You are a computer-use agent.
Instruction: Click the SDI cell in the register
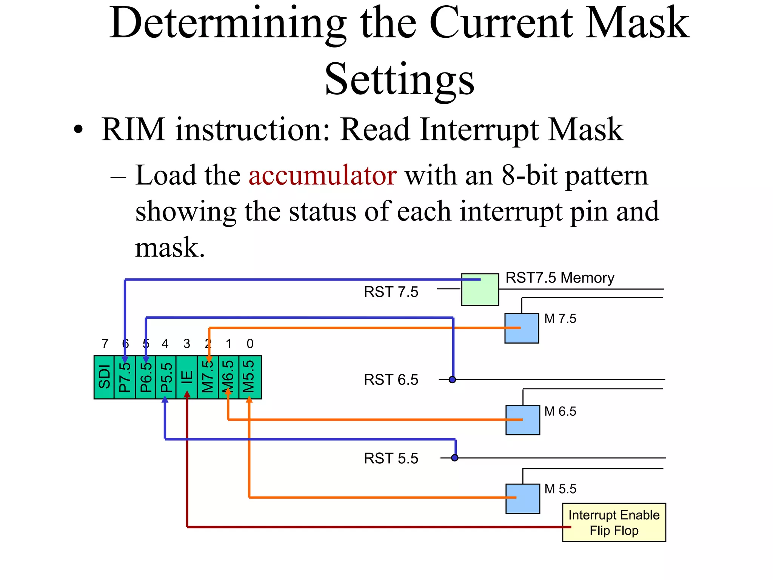coord(104,377)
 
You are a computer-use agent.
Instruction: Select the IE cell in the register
coord(187,377)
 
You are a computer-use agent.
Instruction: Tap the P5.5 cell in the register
coord(166,377)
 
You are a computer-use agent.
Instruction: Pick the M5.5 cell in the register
coord(249,377)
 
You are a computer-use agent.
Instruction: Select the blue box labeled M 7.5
coord(522,328)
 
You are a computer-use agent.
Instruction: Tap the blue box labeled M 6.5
coord(522,420)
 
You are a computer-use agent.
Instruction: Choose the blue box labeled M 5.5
coord(522,498)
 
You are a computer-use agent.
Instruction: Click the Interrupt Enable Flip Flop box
coord(614,522)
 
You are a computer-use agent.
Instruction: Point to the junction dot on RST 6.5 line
coord(452,379)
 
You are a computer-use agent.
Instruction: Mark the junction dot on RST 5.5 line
coord(455,458)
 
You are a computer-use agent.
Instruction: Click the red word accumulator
coord(322,176)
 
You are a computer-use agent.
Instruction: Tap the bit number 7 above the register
coord(105,344)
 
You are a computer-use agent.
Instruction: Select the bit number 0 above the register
coord(250,344)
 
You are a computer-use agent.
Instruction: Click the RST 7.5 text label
coord(391,292)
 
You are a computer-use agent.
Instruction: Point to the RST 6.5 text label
coord(391,379)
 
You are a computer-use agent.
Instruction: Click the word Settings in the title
coord(399,79)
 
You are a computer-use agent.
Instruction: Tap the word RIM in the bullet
coord(133,130)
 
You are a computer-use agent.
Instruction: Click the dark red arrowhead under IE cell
coord(187,394)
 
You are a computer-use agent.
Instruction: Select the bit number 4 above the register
coord(165,344)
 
